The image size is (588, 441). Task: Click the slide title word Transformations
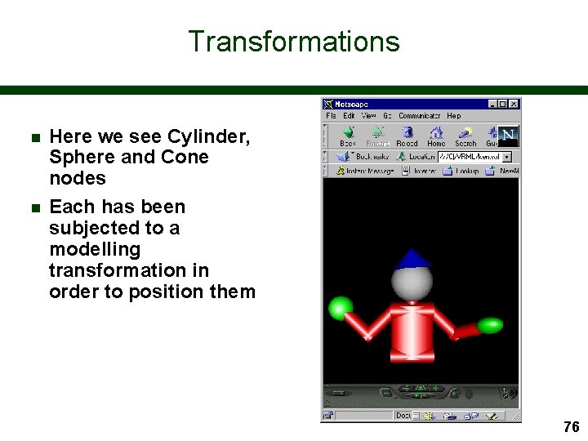point(294,42)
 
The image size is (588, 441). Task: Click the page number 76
point(571,427)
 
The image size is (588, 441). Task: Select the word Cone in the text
point(185,158)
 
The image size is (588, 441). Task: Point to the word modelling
point(95,249)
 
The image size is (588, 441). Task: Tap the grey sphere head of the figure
point(412,283)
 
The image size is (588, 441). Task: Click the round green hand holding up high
point(340,308)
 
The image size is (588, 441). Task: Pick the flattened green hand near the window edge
point(489,326)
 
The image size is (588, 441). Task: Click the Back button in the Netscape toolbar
point(348,136)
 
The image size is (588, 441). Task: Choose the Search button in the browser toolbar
point(465,136)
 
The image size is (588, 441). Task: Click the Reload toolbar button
point(407,136)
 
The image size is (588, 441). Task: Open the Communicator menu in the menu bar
point(420,116)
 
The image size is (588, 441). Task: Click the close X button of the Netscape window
point(514,105)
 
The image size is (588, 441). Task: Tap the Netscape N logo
point(508,135)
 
